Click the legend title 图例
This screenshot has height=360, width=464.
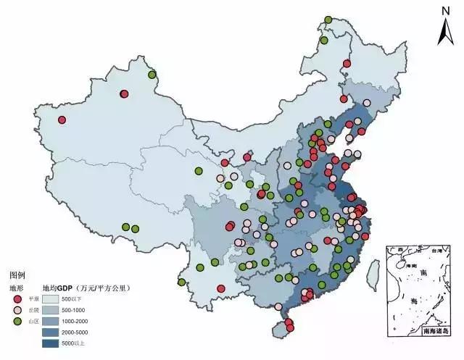[17, 275]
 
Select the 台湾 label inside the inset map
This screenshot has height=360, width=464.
[436, 251]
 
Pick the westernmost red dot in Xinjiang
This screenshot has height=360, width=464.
[62, 120]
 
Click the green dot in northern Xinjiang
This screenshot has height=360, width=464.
[152, 75]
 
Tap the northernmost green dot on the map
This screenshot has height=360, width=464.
[328, 20]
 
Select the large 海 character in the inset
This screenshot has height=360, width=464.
[414, 299]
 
